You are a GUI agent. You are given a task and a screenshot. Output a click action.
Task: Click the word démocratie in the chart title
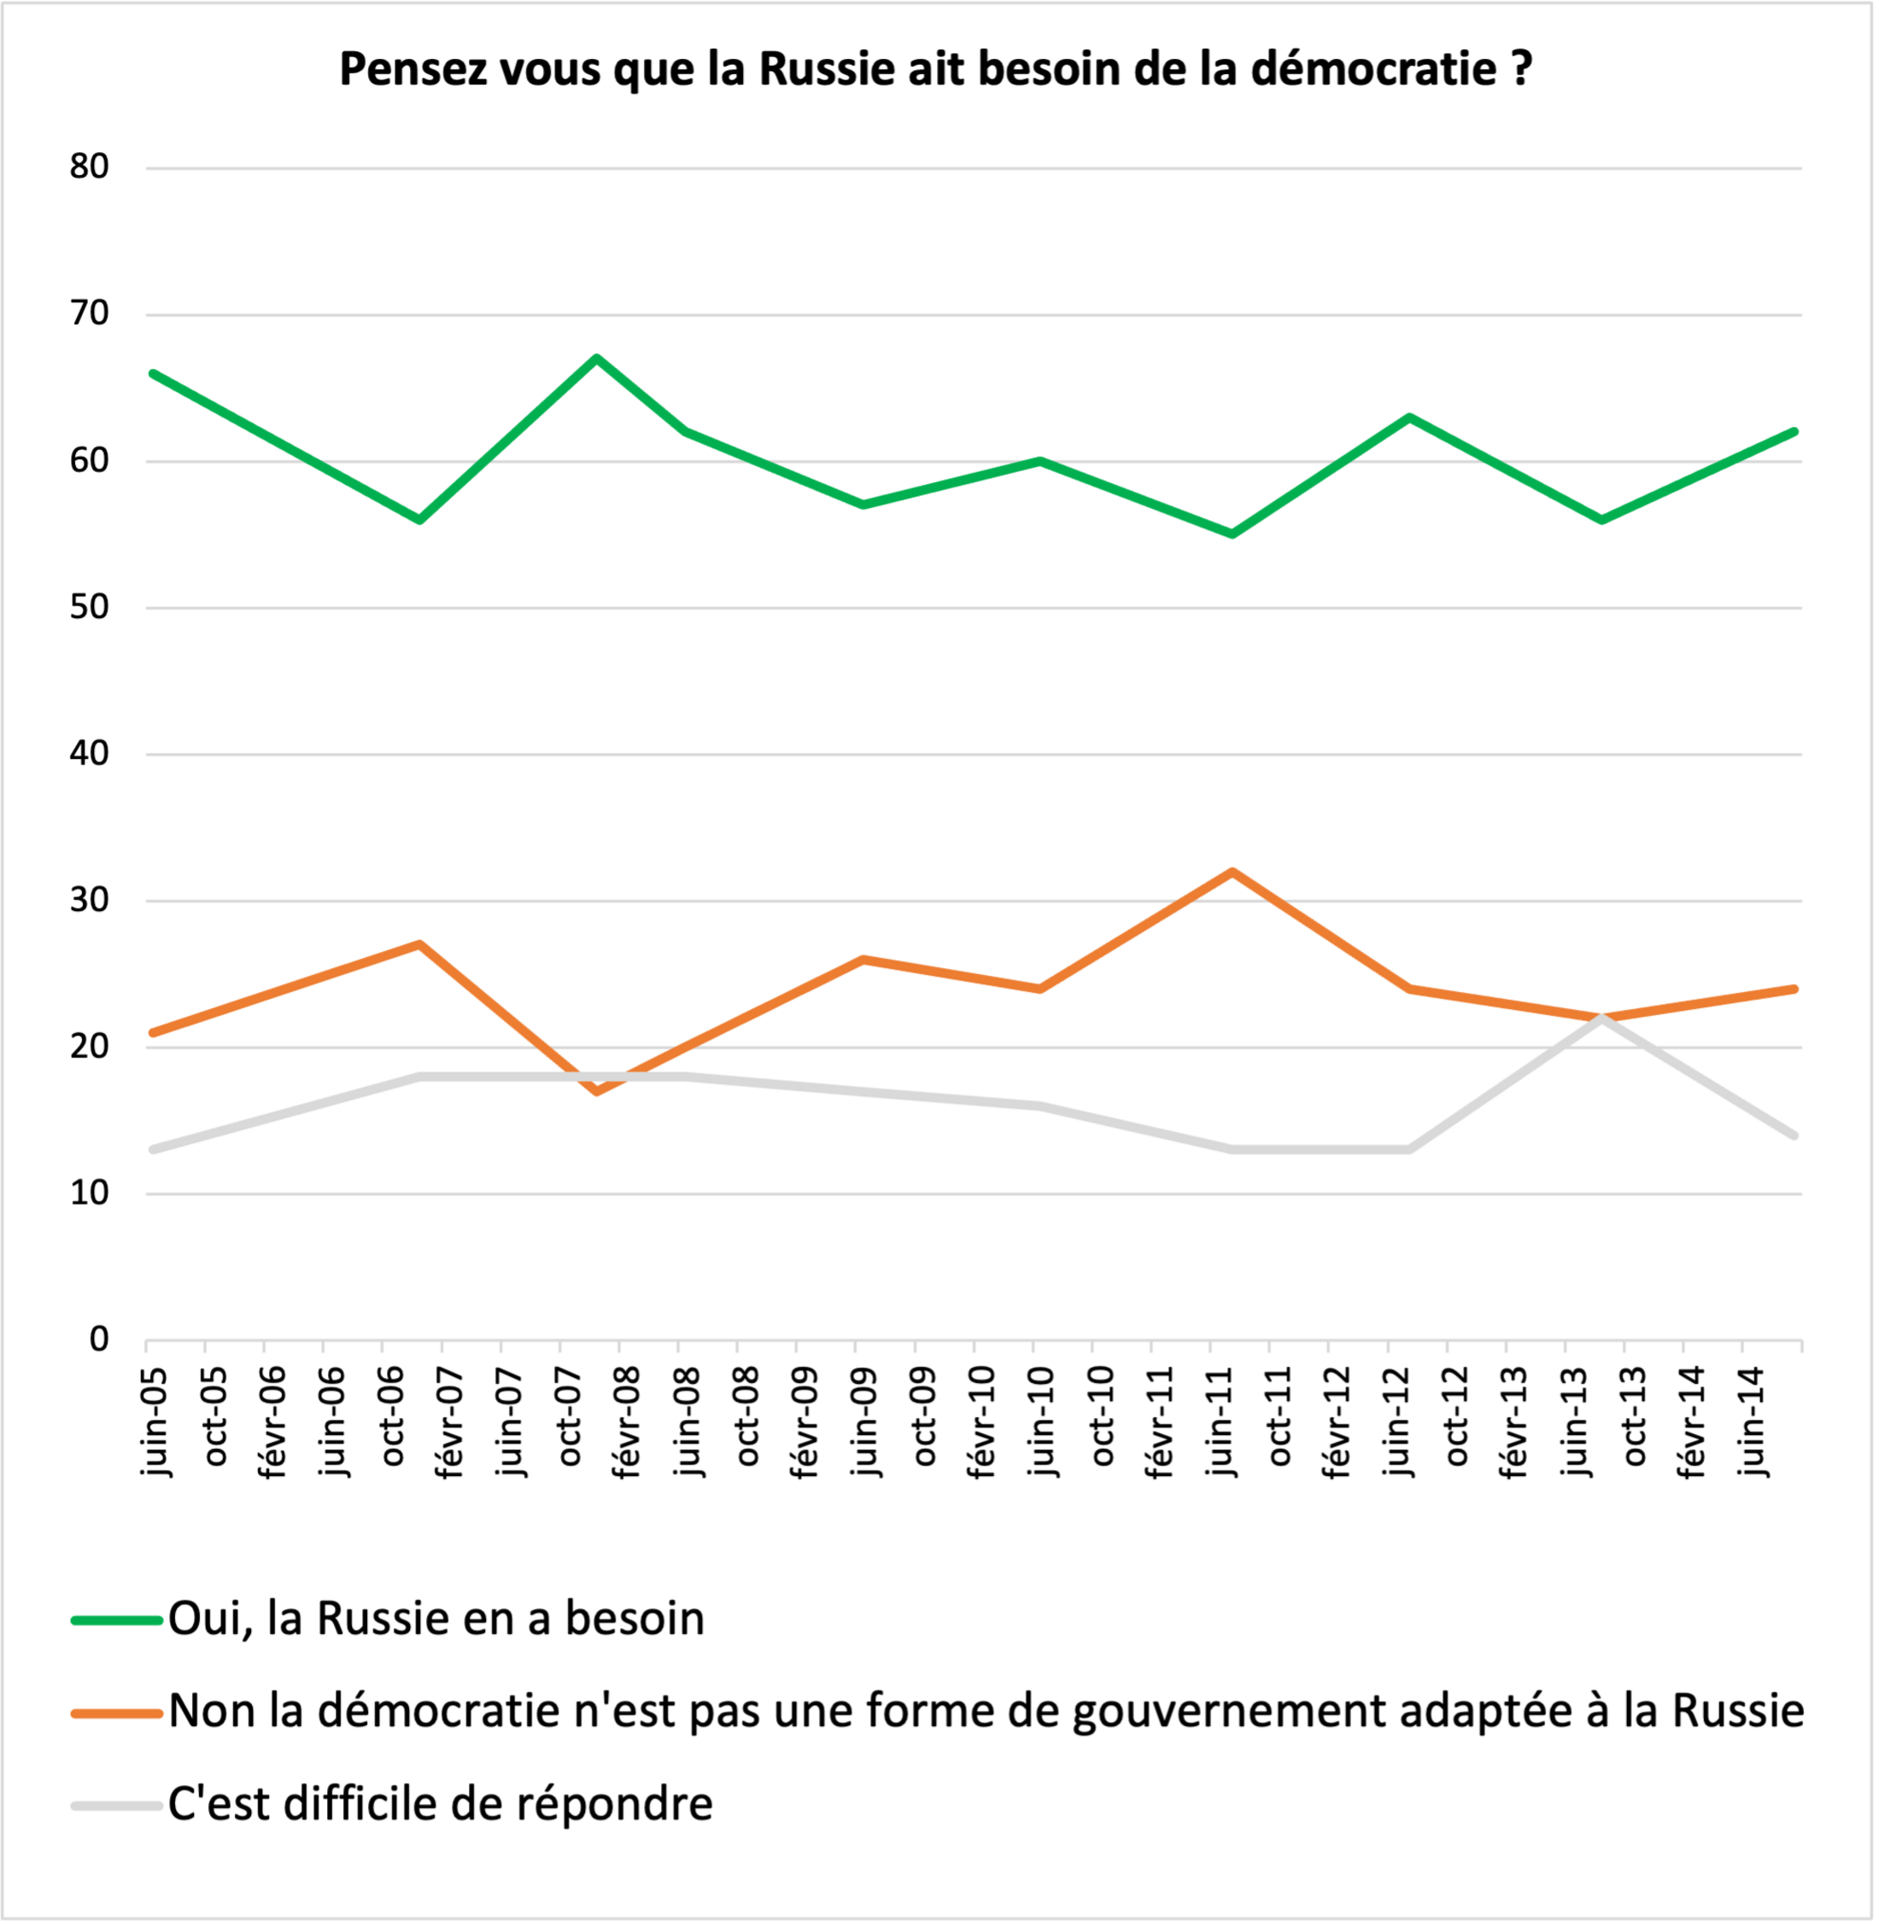(1373, 70)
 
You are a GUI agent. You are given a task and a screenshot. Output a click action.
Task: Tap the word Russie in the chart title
(827, 70)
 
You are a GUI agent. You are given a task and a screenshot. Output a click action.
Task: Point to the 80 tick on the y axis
(89, 166)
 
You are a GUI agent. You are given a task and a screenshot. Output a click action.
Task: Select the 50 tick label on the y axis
(89, 607)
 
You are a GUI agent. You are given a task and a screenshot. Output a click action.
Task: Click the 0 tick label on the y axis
(99, 1339)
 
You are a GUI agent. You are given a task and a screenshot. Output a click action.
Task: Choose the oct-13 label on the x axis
(1633, 1415)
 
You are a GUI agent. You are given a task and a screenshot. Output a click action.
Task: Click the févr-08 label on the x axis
(627, 1421)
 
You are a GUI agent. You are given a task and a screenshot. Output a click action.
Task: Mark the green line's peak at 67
(597, 359)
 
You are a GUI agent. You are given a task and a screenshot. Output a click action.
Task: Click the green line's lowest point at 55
(1232, 534)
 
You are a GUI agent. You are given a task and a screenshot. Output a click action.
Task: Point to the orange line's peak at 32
(1232, 873)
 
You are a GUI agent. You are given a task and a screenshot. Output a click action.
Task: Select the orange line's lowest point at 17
(597, 1090)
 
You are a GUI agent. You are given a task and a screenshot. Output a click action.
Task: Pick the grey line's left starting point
(154, 1149)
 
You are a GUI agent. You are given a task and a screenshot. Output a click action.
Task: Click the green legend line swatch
(116, 1620)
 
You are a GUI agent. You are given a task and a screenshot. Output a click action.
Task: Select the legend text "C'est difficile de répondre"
(440, 1805)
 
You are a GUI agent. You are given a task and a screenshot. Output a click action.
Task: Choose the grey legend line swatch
(116, 1806)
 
